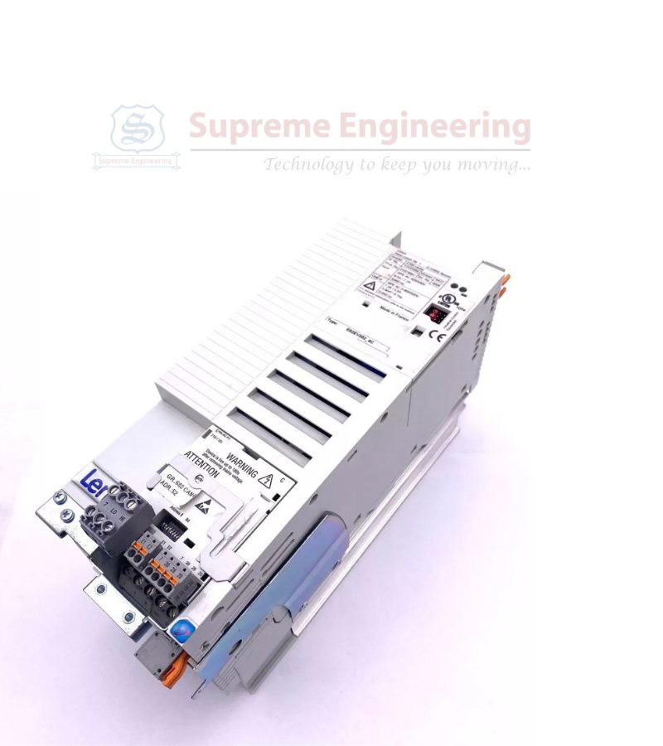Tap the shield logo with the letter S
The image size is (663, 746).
137,128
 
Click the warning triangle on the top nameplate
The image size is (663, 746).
369,286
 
